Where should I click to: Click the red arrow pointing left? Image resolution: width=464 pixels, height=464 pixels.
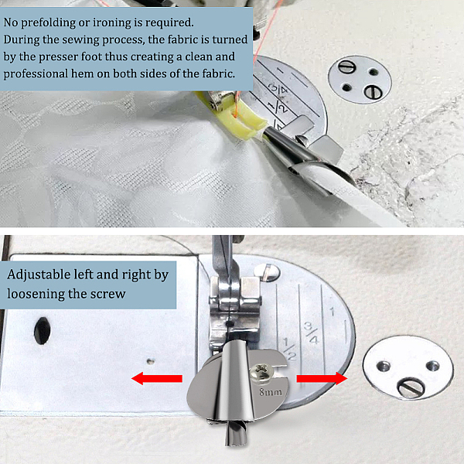[156, 378]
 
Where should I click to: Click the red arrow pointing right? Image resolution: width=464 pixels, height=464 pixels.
[322, 378]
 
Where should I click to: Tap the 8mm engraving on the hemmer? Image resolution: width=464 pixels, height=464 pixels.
[271, 392]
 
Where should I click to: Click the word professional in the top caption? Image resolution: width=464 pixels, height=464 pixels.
[36, 74]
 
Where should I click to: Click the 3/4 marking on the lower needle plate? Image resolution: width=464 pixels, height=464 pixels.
[311, 333]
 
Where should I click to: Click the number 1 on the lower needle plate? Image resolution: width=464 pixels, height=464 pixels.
[333, 312]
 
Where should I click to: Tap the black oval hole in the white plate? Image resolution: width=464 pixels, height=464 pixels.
[42, 330]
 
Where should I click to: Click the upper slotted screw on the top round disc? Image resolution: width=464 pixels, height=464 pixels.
[346, 67]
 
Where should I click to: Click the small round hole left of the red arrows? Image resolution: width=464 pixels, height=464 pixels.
[151, 360]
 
